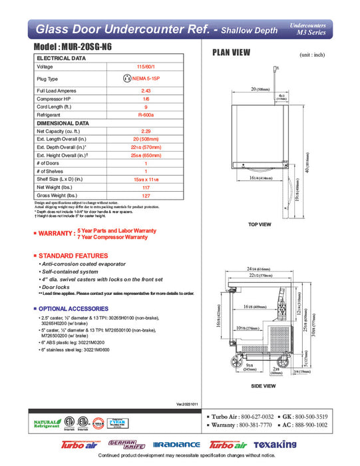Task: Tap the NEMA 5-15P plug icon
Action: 127,79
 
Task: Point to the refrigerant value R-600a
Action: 146,115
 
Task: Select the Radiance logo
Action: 176,444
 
